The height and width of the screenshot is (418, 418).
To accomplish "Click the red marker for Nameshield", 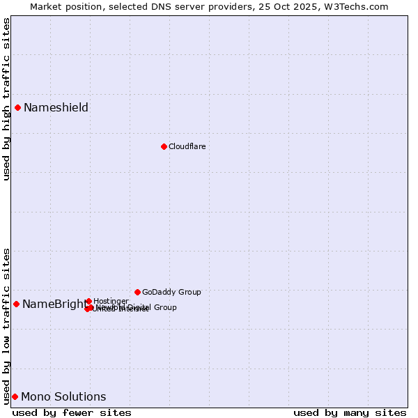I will click(x=17, y=107).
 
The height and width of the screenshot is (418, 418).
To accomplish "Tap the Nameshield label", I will click(x=56, y=107).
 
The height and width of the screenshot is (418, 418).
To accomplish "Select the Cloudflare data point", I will click(x=164, y=146).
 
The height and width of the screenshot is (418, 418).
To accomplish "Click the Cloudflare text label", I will click(x=187, y=146).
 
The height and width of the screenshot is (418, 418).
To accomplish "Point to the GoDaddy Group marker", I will click(x=137, y=292).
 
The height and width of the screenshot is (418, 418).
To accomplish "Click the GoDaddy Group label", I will click(x=171, y=292).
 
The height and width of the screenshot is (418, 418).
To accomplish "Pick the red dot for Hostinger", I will click(x=88, y=301).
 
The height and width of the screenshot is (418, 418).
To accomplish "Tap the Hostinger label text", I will click(x=111, y=301).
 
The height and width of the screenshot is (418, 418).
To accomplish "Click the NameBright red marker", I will click(x=16, y=304).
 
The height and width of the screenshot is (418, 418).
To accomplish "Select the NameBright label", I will click(x=54, y=304).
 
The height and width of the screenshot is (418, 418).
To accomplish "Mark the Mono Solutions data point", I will click(x=15, y=396).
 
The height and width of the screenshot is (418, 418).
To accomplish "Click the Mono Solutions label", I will click(x=63, y=396).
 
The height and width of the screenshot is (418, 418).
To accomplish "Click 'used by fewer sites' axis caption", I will click(x=72, y=412).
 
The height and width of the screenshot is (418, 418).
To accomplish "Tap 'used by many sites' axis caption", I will click(x=350, y=412).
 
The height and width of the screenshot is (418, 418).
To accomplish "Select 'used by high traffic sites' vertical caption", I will click(x=6, y=99).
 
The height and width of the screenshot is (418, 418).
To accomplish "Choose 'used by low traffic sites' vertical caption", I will click(x=6, y=326).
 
